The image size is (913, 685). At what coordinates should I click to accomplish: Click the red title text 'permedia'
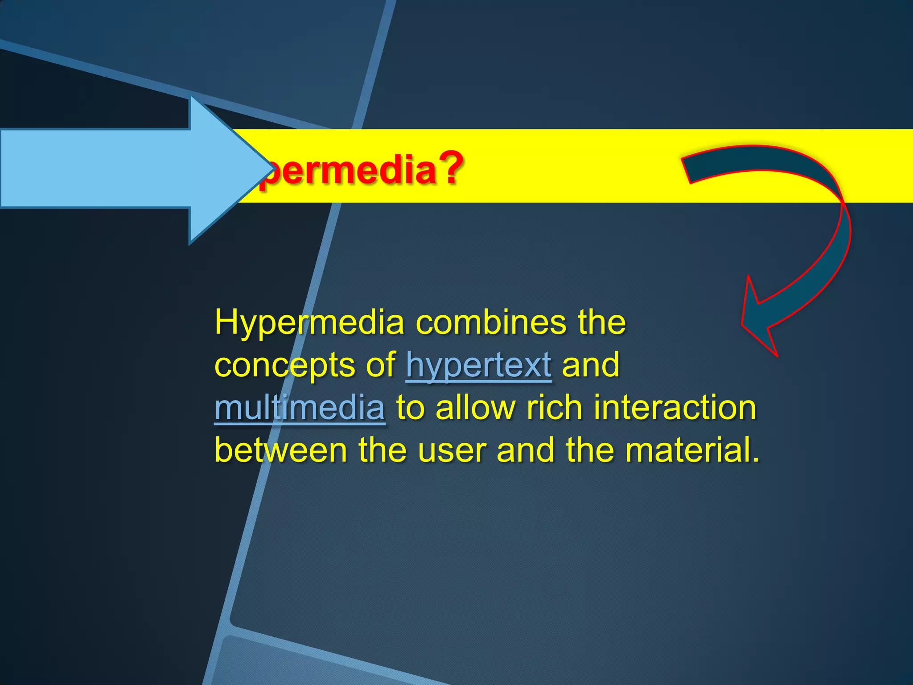348,170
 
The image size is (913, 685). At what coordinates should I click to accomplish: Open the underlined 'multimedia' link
300,408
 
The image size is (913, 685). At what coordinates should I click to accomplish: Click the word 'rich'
554,408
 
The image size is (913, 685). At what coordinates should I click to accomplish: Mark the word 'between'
281,450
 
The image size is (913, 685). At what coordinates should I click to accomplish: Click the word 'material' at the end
687,450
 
